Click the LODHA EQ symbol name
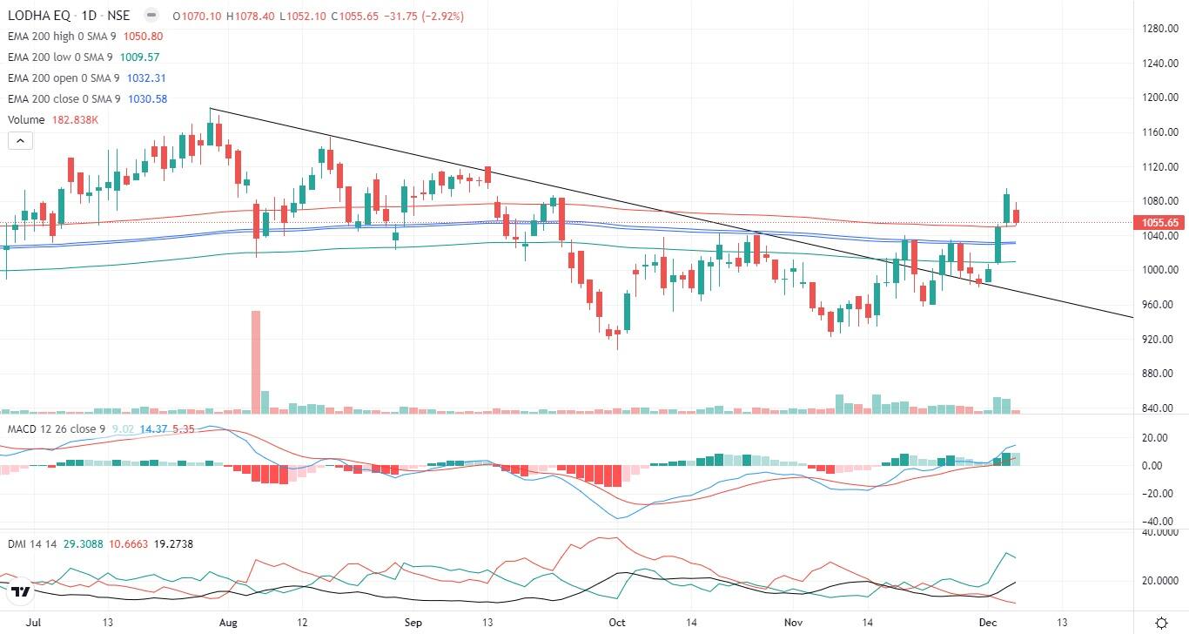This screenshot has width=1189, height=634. pyautogui.click(x=39, y=16)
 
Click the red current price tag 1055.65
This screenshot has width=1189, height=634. pyautogui.click(x=1160, y=223)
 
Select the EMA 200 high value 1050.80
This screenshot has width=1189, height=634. pyautogui.click(x=144, y=37)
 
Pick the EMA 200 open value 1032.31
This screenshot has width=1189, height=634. pyautogui.click(x=146, y=78)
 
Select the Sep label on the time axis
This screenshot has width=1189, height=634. pyautogui.click(x=413, y=623)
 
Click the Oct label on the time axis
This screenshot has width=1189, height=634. pyautogui.click(x=617, y=623)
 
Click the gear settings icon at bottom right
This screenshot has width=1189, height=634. pyautogui.click(x=1161, y=623)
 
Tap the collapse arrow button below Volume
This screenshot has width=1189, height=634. pyautogui.click(x=20, y=140)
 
